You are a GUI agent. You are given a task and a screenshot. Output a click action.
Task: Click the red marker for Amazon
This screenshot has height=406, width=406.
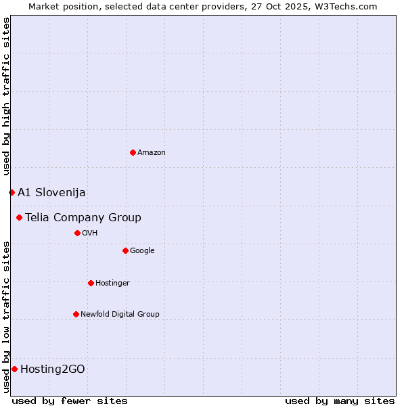[133, 152]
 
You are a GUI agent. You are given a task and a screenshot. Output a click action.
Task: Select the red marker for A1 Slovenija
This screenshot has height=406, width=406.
[12, 192]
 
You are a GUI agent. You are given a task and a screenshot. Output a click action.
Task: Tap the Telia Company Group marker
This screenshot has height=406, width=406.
[20, 217]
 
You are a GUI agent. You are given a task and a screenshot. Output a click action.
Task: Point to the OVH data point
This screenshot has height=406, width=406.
[77, 233]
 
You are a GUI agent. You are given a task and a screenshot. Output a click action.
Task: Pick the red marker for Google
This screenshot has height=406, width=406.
[125, 250]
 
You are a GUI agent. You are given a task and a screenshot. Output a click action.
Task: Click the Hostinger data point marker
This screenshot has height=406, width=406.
[91, 283]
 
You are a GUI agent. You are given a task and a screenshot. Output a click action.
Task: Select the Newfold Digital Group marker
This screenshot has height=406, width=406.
[76, 314]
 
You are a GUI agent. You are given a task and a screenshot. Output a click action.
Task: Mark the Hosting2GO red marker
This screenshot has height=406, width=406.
[14, 369]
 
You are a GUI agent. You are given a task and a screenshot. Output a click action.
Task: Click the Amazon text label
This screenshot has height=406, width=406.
[152, 152]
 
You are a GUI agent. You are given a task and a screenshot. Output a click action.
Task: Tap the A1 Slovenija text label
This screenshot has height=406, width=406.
[51, 192]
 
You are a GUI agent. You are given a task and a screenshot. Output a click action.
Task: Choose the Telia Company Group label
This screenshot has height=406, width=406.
[83, 217]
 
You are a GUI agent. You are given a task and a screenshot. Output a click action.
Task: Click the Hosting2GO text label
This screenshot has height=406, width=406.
[53, 369]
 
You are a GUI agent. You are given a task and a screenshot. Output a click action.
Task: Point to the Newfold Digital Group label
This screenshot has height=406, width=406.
[120, 314]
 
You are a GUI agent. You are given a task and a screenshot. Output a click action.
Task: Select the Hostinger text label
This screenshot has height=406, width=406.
[112, 283]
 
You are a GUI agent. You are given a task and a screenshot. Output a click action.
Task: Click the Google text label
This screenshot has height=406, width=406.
[142, 250]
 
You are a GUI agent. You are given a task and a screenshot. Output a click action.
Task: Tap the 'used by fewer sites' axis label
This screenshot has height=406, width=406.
[70, 401]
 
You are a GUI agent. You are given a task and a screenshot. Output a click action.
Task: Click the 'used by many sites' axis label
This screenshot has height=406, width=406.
[340, 401]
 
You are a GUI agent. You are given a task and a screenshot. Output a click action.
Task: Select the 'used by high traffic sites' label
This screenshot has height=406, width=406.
[6, 97]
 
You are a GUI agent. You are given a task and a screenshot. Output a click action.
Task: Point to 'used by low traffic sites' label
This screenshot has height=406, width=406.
[6, 316]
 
